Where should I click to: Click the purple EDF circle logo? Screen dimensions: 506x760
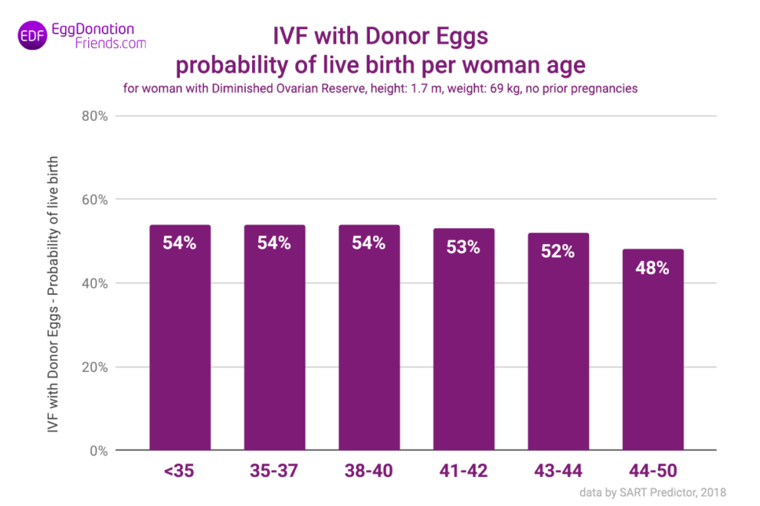(31, 37)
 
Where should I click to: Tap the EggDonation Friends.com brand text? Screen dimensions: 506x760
(98, 36)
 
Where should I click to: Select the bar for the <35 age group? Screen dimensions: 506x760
(180, 337)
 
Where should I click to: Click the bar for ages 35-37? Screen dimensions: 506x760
(274, 337)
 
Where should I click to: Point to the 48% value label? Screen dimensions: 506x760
(652, 268)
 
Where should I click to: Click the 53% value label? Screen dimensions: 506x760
(463, 247)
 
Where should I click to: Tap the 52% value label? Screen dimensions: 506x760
(557, 251)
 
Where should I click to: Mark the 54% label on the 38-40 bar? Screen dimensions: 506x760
(368, 243)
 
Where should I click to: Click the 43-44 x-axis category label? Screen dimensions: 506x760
(557, 471)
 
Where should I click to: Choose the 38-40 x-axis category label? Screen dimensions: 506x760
(368, 471)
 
